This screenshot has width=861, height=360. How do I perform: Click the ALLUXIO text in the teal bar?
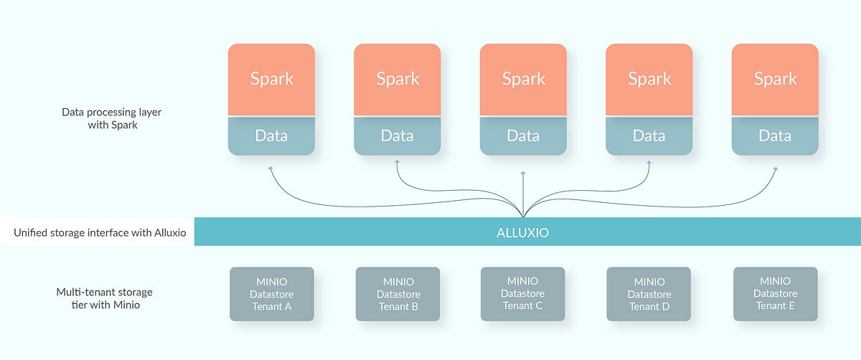click(523, 232)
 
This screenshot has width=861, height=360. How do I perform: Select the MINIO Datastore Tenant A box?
click(272, 294)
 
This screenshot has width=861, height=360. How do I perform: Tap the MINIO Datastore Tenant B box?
click(398, 294)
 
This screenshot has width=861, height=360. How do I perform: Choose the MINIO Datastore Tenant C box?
click(522, 294)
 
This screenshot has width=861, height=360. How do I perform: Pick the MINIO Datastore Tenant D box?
click(649, 294)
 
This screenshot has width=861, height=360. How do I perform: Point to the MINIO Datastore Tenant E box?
click(775, 294)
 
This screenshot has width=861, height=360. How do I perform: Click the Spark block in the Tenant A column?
click(272, 79)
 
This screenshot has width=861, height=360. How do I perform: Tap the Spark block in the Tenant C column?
click(523, 79)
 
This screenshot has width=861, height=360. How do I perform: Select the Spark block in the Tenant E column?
click(775, 79)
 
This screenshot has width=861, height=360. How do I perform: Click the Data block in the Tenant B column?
click(397, 136)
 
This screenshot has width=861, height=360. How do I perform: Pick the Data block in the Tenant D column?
click(649, 136)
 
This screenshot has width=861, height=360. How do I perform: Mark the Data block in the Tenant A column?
click(272, 136)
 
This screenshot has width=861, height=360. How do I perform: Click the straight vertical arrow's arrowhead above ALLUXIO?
click(523, 173)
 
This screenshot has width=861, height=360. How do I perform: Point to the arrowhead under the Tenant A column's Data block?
click(270, 168)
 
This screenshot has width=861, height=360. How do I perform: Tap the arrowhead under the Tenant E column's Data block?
click(776, 168)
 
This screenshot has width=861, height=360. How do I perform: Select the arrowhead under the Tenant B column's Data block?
click(397, 162)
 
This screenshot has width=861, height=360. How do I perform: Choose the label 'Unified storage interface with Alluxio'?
click(100, 232)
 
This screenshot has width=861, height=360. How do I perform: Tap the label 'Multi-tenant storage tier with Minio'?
click(104, 298)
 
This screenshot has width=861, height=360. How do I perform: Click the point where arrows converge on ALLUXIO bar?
click(523, 215)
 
